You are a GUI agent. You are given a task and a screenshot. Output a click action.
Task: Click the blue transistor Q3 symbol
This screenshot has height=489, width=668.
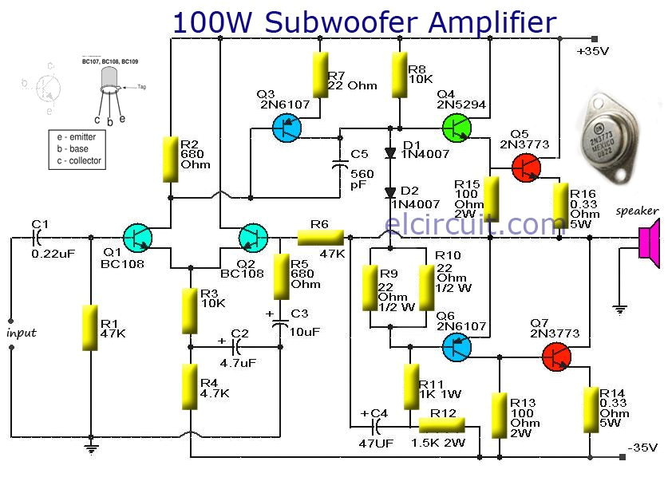click(287, 127)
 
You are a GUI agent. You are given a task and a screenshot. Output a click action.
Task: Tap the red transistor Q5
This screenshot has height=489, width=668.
click(525, 167)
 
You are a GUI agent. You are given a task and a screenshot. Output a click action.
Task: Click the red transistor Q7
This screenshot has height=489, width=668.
click(556, 356)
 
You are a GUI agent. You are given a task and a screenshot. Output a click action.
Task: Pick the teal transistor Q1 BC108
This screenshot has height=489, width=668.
click(140, 237)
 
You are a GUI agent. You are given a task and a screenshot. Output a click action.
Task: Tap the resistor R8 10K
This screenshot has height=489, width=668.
click(399, 76)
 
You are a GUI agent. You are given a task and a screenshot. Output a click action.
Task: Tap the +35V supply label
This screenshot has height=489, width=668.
click(591, 52)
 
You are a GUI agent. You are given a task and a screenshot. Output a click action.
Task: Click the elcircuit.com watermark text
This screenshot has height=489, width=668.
click(464, 223)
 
